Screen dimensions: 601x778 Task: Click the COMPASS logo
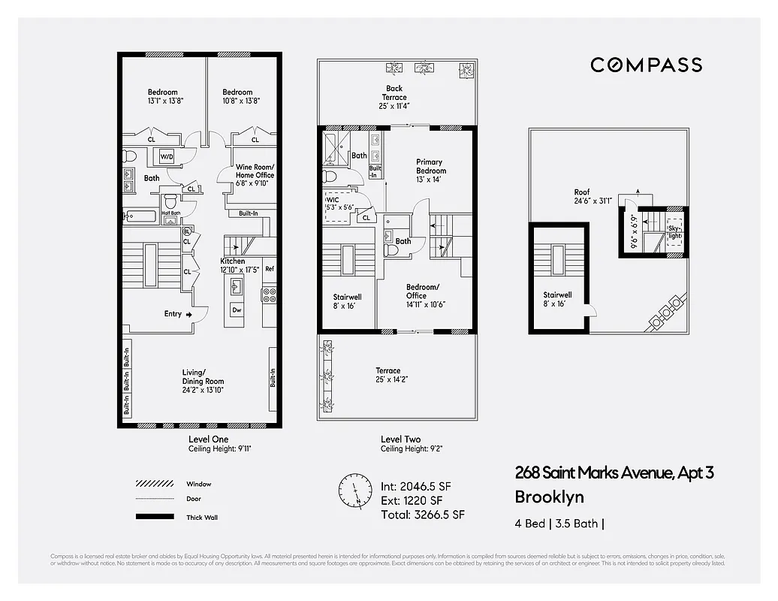pyautogui.click(x=646, y=65)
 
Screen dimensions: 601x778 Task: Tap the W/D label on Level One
pyautogui.click(x=166, y=157)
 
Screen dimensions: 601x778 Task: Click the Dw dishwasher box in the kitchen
pyautogui.click(x=237, y=310)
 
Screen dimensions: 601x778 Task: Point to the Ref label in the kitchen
pyautogui.click(x=269, y=269)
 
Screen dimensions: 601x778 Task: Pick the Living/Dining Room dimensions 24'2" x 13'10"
pyautogui.click(x=204, y=389)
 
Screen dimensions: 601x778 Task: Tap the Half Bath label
pyautogui.click(x=170, y=213)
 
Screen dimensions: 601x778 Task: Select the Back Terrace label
pyautogui.click(x=394, y=93)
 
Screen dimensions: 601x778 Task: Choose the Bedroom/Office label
pyautogui.click(x=422, y=291)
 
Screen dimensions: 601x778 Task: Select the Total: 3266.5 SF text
pyautogui.click(x=423, y=515)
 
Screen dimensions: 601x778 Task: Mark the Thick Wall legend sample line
pyautogui.click(x=155, y=517)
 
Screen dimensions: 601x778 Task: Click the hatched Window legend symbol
pyautogui.click(x=155, y=484)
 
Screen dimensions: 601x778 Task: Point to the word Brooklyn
pyautogui.click(x=549, y=497)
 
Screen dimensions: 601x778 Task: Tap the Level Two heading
pyautogui.click(x=400, y=439)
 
